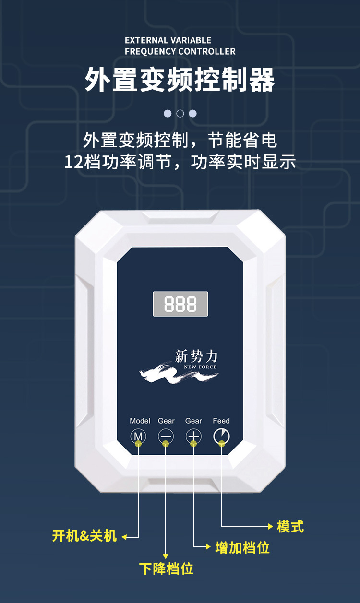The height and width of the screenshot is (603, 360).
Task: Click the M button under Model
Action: point(138,436)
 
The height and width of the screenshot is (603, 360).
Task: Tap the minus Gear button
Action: point(166,436)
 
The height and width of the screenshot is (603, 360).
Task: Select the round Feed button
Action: point(221,436)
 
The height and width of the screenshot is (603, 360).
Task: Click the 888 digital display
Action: point(180,304)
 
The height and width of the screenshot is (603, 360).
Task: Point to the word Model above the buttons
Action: point(140,421)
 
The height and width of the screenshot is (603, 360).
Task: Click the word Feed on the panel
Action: point(221,421)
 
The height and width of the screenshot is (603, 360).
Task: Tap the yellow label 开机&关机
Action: point(84,535)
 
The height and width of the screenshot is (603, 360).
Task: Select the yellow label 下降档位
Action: point(166,568)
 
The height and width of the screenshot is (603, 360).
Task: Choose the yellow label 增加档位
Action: point(242,547)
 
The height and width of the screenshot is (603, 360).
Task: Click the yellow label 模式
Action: point(290,526)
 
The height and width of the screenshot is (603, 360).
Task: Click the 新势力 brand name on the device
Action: point(196,356)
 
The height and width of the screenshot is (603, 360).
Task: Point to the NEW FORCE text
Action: point(200,367)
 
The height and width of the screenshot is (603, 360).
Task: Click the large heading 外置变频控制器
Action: point(180,80)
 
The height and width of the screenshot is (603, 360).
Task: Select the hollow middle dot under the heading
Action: point(180,114)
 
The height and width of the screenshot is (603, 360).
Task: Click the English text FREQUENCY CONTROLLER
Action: point(180,51)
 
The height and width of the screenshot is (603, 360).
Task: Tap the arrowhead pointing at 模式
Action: point(271,526)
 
